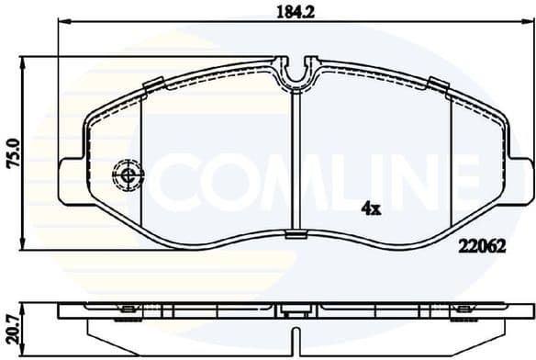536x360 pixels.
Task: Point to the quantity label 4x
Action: tap(372, 208)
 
